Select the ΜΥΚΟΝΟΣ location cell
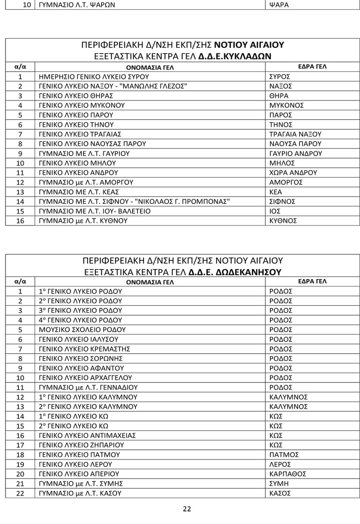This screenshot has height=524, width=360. (286, 105)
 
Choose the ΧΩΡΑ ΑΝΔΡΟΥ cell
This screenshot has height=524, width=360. (293, 173)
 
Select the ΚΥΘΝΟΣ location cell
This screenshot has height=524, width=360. (283, 221)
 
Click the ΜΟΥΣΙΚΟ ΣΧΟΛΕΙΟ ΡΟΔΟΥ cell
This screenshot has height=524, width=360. (82, 330)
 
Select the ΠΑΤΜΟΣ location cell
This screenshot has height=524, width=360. (284, 455)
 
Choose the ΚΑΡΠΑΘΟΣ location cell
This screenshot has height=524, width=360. (288, 474)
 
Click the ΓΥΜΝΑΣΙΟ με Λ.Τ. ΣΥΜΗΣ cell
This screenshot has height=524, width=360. (81, 483)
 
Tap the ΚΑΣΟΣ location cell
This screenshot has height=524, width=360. (280, 493)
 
